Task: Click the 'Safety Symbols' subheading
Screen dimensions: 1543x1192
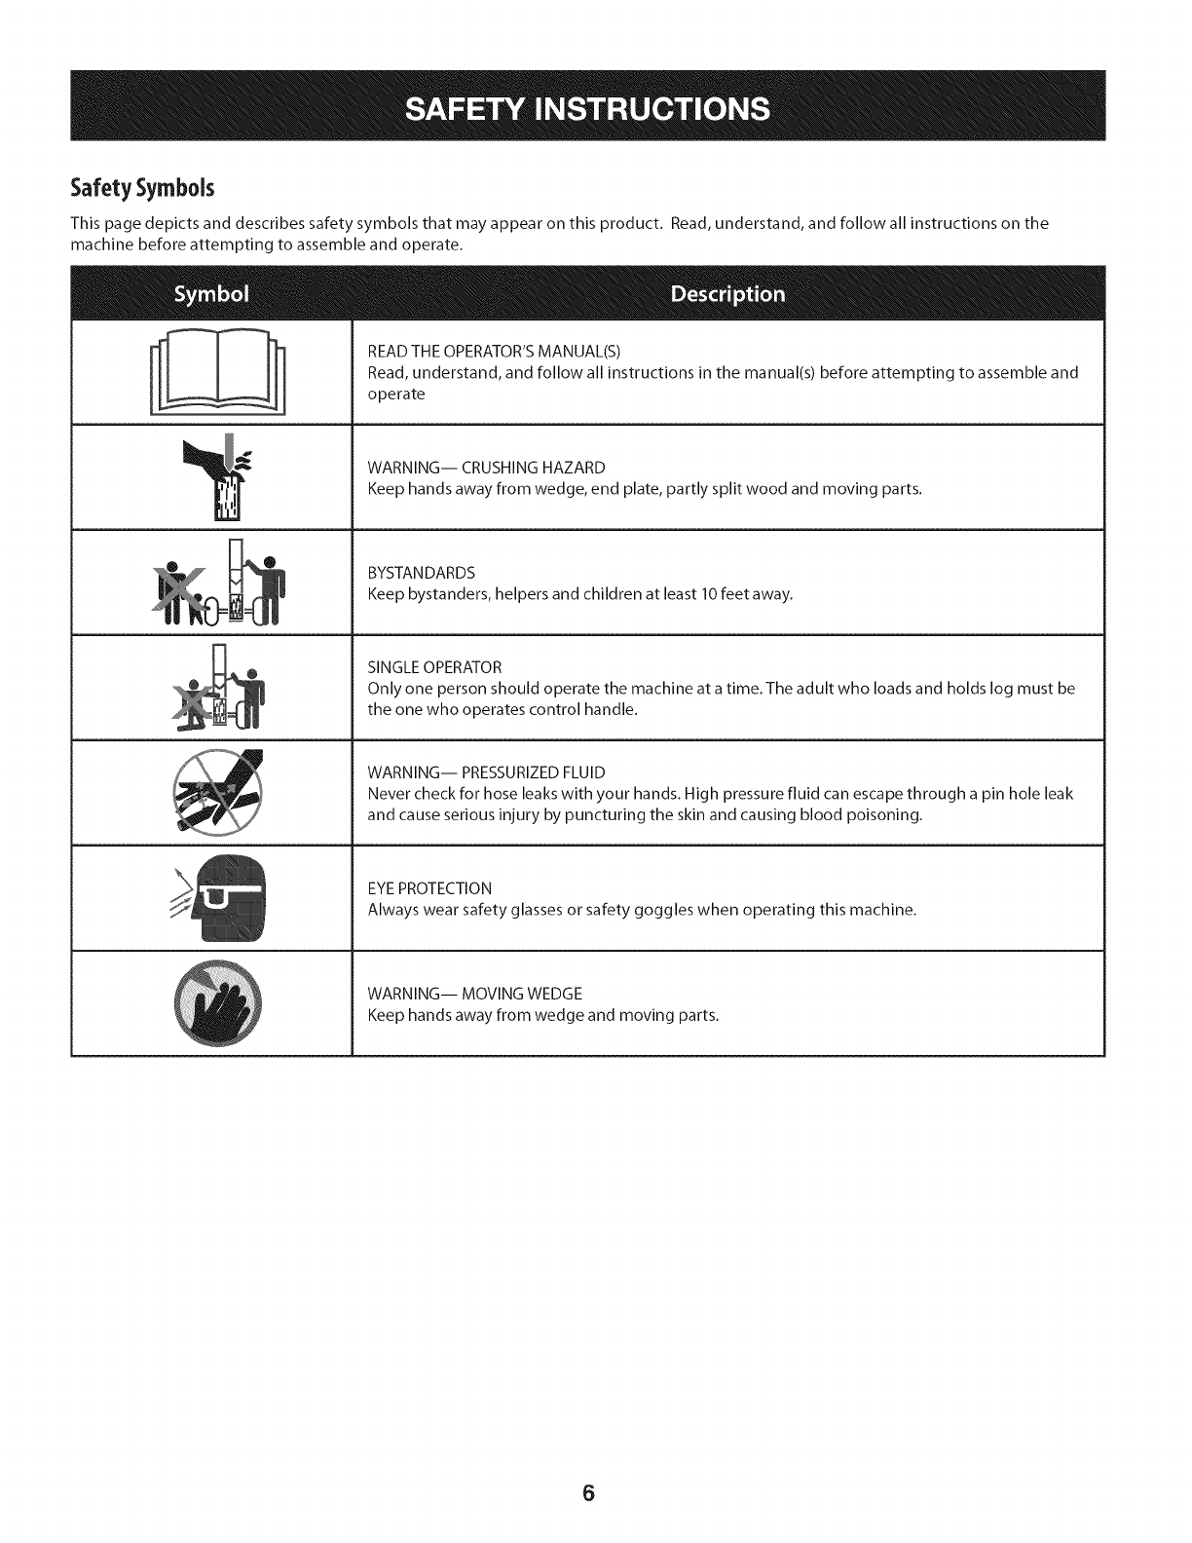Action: coord(142,187)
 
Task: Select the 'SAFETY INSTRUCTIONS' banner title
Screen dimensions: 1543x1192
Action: coord(587,108)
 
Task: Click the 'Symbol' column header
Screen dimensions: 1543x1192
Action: coord(211,294)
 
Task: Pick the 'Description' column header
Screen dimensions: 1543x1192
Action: coord(727,294)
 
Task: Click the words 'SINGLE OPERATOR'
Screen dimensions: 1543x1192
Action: coord(434,667)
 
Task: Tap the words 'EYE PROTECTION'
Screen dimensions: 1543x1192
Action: coord(429,888)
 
